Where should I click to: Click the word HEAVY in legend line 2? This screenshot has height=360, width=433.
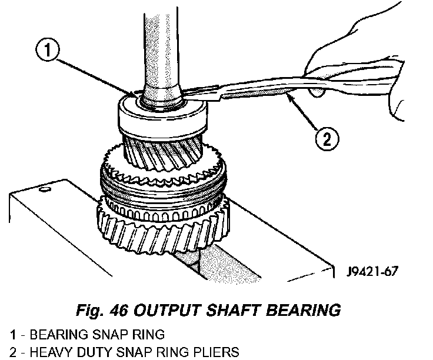(x=45, y=352)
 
